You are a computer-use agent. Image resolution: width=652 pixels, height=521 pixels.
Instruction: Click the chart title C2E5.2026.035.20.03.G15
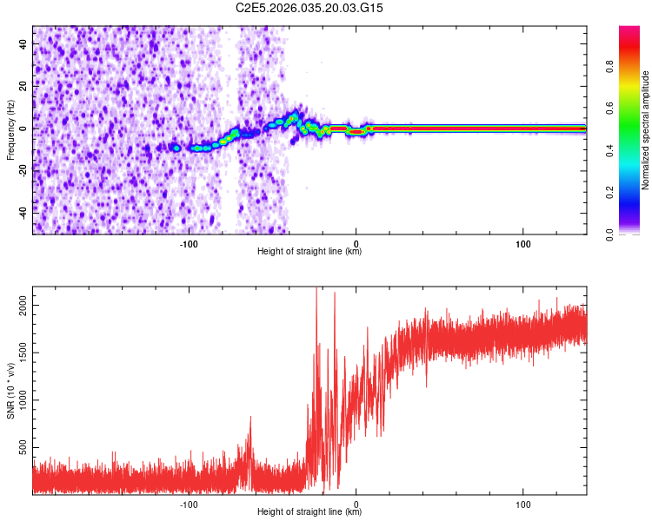pyautogui.click(x=309, y=8)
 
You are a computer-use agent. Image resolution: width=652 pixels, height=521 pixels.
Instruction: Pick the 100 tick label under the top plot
pyautogui.click(x=523, y=244)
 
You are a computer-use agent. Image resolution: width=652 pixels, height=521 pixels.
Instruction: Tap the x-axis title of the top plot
pyautogui.click(x=309, y=252)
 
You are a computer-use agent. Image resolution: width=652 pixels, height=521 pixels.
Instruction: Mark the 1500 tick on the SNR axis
pyautogui.click(x=19, y=353)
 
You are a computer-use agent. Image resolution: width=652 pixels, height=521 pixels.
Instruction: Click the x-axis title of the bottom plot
pyautogui.click(x=309, y=512)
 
